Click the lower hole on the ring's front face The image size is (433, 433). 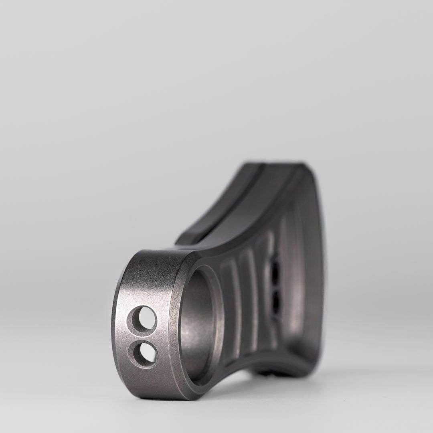pyautogui.click(x=143, y=353)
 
